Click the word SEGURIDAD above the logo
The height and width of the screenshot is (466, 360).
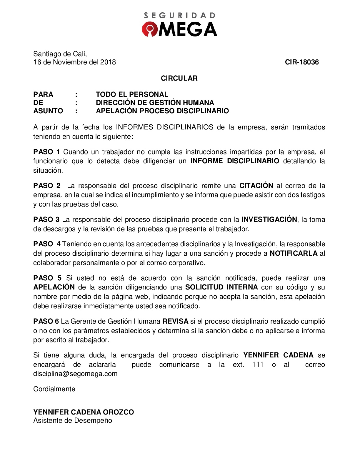pyautogui.click(x=180, y=16)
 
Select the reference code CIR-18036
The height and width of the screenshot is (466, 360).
pyautogui.click(x=302, y=62)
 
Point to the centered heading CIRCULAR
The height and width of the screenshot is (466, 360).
pyautogui.click(x=179, y=78)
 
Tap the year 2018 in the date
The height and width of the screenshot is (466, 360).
pyautogui.click(x=108, y=62)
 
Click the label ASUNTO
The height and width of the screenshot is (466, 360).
pyautogui.click(x=48, y=111)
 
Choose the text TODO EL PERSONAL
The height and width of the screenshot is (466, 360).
pyautogui.click(x=132, y=94)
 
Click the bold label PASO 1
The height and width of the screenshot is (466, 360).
pyautogui.click(x=47, y=152)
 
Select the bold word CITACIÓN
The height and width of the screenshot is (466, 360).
pyautogui.click(x=256, y=186)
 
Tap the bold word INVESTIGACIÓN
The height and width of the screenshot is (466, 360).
pyautogui.click(x=269, y=219)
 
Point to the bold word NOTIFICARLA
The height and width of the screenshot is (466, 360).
pyautogui.click(x=294, y=253)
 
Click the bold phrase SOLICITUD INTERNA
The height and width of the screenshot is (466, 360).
pyautogui.click(x=221, y=287)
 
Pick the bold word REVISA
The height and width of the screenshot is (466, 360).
pyautogui.click(x=175, y=321)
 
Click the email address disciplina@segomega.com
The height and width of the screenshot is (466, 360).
pyautogui.click(x=75, y=374)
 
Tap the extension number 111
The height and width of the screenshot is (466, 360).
pyautogui.click(x=258, y=365)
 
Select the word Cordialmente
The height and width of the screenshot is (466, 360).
pyautogui.click(x=54, y=389)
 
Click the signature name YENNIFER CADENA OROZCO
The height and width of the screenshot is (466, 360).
pyautogui.click(x=84, y=412)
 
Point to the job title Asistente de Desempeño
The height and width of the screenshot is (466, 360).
pyautogui.click(x=73, y=420)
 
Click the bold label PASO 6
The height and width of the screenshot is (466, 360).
pyautogui.click(x=46, y=321)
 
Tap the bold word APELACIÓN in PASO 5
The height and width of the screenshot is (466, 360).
pyautogui.click(x=54, y=287)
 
